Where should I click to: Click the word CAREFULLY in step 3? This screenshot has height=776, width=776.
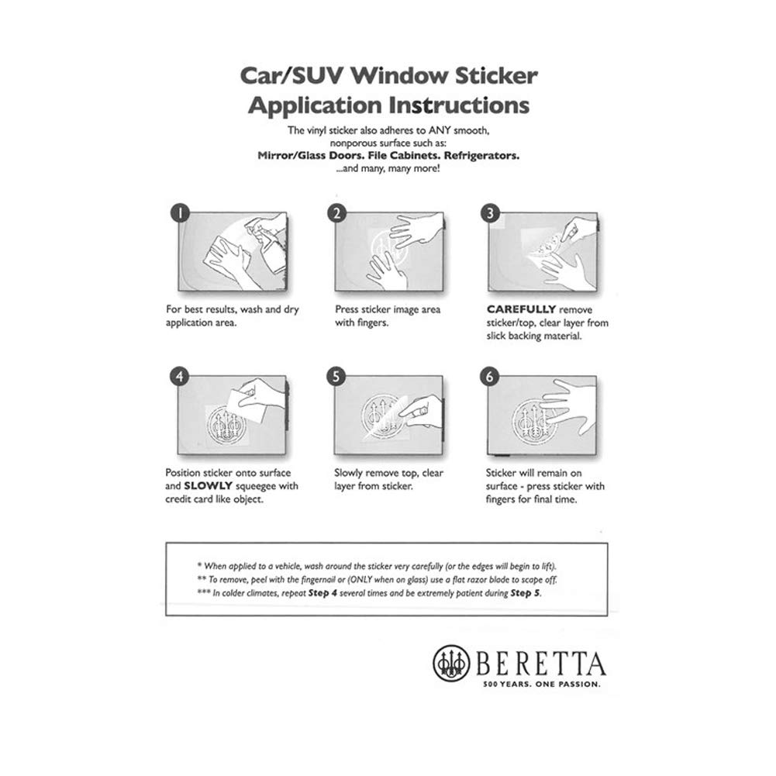[520, 309]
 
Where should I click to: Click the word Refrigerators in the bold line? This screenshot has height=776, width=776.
[481, 155]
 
